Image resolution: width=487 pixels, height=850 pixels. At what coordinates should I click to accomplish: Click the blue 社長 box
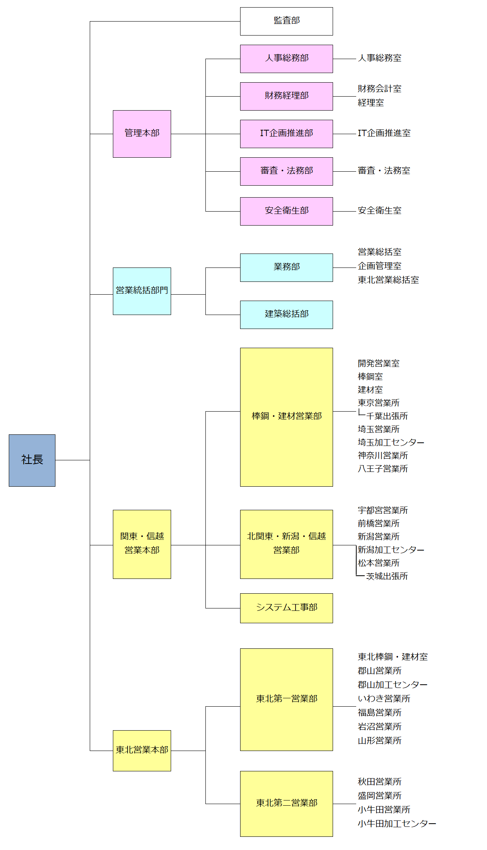[x=32, y=460]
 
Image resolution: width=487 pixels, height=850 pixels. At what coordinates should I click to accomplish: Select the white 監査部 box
[x=286, y=21]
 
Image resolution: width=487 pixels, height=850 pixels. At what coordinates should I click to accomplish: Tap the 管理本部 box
[x=142, y=134]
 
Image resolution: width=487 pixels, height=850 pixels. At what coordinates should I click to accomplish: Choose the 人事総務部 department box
[x=286, y=59]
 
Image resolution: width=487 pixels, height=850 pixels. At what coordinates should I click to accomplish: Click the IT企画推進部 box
[x=286, y=134]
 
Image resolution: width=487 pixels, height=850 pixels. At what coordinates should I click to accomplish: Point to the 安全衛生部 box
[x=286, y=211]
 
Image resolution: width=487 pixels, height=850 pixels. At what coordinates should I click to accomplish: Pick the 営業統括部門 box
[x=142, y=291]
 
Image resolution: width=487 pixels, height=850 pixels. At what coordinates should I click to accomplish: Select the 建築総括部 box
[x=286, y=315]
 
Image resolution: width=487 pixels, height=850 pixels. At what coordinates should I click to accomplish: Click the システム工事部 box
[x=286, y=608]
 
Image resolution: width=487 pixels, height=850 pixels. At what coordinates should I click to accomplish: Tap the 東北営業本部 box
[x=142, y=750]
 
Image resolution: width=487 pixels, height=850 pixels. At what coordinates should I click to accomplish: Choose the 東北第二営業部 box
[x=286, y=803]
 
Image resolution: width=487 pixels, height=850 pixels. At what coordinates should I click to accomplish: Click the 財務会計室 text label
[x=379, y=89]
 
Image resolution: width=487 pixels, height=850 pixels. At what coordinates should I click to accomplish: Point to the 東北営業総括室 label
[x=388, y=280]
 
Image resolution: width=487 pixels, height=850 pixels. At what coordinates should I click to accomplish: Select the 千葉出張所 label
[x=387, y=416]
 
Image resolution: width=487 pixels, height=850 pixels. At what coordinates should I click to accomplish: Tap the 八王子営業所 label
[x=383, y=469]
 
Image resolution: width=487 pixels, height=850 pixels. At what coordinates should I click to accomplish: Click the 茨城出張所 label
[x=387, y=577]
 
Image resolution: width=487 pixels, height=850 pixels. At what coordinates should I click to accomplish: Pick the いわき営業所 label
[x=384, y=699]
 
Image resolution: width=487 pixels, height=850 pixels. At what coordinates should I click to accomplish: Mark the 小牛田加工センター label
[x=396, y=824]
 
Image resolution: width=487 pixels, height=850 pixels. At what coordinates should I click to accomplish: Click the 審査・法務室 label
[x=384, y=171]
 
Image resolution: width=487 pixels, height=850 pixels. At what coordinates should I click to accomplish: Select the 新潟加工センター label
[x=390, y=550]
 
